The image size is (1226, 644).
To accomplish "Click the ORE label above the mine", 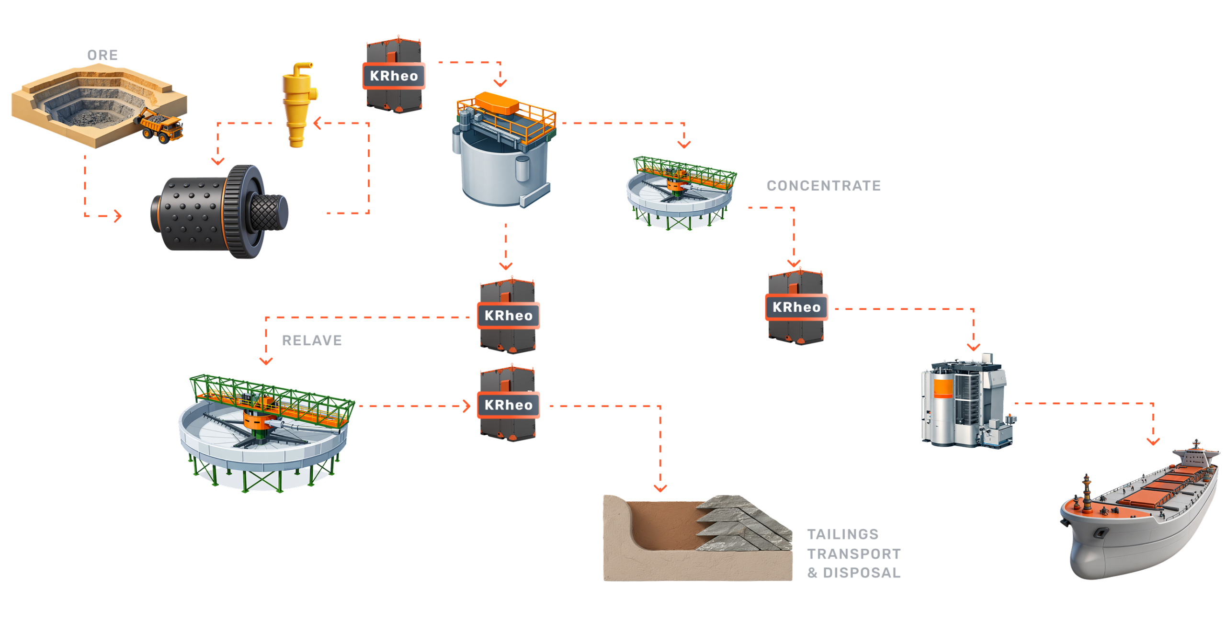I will pyautogui.click(x=102, y=56).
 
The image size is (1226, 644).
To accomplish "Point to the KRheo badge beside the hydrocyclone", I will pyautogui.click(x=394, y=76).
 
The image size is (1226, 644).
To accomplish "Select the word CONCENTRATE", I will pyautogui.click(x=823, y=186).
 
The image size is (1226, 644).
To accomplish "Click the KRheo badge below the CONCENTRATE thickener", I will pyautogui.click(x=796, y=307).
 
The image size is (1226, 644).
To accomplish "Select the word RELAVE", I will pyautogui.click(x=312, y=340).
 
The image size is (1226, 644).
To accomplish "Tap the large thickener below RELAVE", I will pyautogui.click(x=266, y=431).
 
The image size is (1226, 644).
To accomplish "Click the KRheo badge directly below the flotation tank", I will pyautogui.click(x=508, y=316).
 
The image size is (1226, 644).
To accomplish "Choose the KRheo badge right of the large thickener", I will pyautogui.click(x=508, y=405).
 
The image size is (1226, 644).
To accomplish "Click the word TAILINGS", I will pyautogui.click(x=843, y=534).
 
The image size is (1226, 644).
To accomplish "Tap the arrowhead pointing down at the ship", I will pyautogui.click(x=1153, y=441).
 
